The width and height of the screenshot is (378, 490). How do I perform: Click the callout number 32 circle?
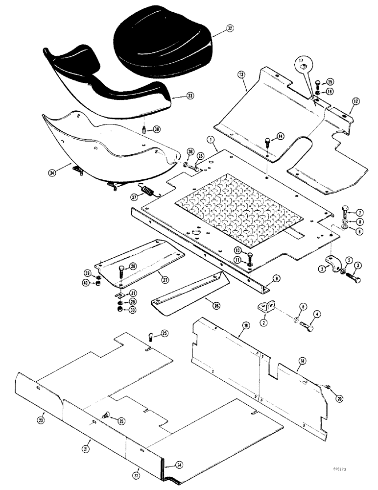(x=230, y=29)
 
